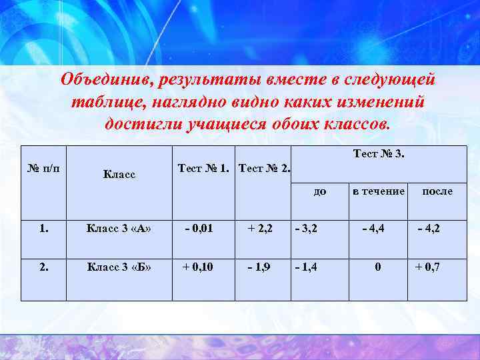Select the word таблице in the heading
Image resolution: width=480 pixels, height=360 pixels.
click(109, 103)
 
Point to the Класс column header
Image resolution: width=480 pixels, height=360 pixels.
click(119, 175)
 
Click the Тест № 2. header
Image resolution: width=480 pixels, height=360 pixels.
click(264, 169)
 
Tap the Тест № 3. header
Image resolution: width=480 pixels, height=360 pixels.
click(378, 154)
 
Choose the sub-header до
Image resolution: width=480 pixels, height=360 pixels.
click(320, 192)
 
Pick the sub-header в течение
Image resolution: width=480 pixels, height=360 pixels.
click(379, 191)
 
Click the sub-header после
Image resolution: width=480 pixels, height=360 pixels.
click(437, 191)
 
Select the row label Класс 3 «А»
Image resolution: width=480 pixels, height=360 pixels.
click(119, 229)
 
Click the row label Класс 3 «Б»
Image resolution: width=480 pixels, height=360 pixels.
click(119, 267)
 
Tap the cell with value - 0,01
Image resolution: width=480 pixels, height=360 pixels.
click(199, 229)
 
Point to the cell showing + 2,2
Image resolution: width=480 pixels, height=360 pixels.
click(260, 229)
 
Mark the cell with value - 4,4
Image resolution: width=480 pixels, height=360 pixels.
click(373, 229)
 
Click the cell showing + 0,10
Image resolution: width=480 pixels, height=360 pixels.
click(198, 267)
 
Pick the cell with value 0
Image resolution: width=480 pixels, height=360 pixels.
click(378, 267)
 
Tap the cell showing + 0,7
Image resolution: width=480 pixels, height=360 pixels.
click(427, 267)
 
